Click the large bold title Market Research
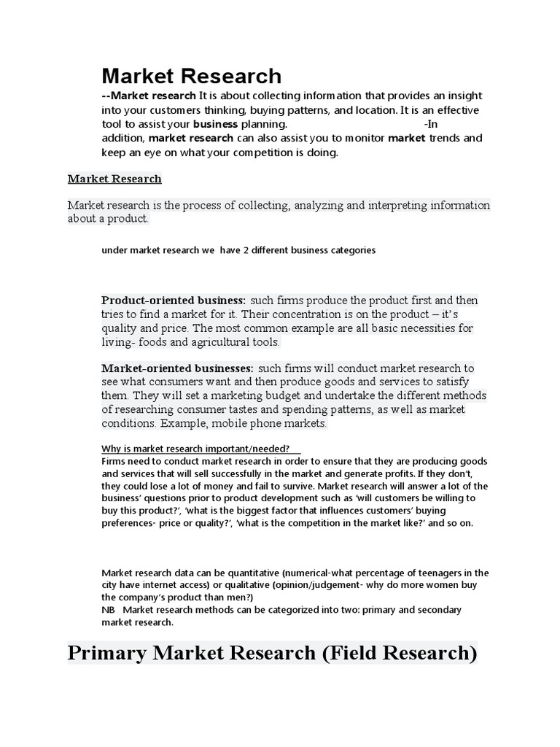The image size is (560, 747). click(191, 76)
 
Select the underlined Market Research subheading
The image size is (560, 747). click(114, 179)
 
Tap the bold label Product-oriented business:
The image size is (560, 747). click(174, 301)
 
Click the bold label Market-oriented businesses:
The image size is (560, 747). click(177, 368)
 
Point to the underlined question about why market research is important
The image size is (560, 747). click(195, 449)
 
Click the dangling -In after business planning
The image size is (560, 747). click(432, 124)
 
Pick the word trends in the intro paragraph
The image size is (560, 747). click(438, 138)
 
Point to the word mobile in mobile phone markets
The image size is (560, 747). click(217, 424)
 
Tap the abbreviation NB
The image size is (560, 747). click(108, 610)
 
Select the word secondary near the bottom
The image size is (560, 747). click(437, 610)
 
